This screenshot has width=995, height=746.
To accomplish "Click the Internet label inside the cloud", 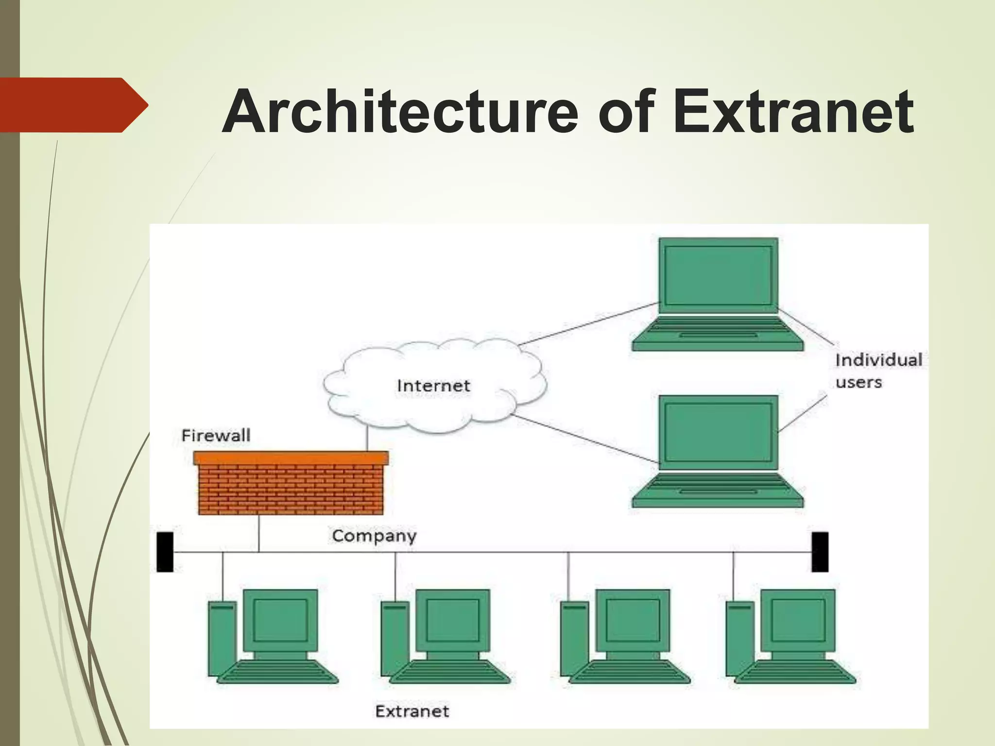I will [x=433, y=386].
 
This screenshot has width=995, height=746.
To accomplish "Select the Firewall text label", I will [x=216, y=435].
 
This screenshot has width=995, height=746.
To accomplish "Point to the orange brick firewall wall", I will [x=291, y=488].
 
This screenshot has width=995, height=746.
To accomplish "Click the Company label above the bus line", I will [x=374, y=536].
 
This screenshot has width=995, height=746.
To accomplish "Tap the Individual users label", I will [x=877, y=371].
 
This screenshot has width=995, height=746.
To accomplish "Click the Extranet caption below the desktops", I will [x=412, y=712].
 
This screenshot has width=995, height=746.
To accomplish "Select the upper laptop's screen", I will [x=718, y=275].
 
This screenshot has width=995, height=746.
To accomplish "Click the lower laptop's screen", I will [x=718, y=432].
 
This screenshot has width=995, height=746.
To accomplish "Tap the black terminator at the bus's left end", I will [x=165, y=552].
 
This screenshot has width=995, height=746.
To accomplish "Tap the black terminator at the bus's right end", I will [x=820, y=552].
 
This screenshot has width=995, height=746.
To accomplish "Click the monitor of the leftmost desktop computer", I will [x=280, y=620].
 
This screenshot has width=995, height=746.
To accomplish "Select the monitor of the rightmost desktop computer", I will [x=798, y=620].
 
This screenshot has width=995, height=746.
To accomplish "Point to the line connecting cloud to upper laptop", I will [x=588, y=324].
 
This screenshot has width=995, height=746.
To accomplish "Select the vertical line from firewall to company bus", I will [x=259, y=533].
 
